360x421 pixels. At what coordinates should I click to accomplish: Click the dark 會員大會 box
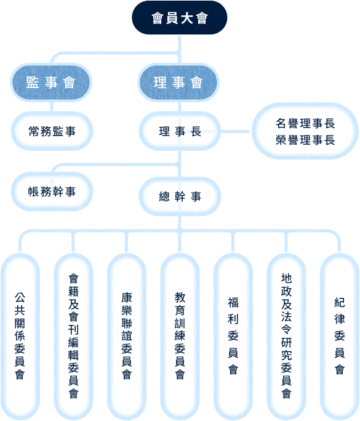pyautogui.click(x=179, y=18)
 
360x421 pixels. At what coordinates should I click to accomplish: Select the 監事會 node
pyautogui.click(x=51, y=82)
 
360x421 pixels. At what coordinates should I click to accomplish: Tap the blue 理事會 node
pyautogui.click(x=178, y=82)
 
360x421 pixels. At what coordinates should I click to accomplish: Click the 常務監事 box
pyautogui.click(x=52, y=131)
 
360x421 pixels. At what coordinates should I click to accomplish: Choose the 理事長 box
pyautogui.click(x=180, y=131)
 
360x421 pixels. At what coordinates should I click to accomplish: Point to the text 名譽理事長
pyautogui.click(x=305, y=124)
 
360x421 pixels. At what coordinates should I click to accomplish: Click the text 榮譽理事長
pyautogui.click(x=305, y=140)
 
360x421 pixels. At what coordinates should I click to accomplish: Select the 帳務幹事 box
pyautogui.click(x=52, y=191)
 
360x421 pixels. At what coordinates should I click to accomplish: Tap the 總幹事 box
pyautogui.click(x=180, y=196)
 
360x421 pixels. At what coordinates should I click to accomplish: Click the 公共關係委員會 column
pyautogui.click(x=20, y=337)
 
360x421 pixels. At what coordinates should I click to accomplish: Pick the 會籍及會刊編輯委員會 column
pyautogui.click(x=73, y=337)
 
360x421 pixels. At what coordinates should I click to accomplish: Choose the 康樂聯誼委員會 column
pyautogui.click(x=127, y=337)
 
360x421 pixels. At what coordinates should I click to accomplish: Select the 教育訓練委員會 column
pyautogui.click(x=180, y=337)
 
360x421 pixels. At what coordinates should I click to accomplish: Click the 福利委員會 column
pyautogui.click(x=233, y=337)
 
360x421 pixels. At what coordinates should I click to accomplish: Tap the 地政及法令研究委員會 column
pyautogui.click(x=286, y=337)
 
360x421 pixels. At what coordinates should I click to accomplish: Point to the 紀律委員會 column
pyautogui.click(x=340, y=337)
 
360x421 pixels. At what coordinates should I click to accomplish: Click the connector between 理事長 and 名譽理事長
pyautogui.click(x=235, y=132)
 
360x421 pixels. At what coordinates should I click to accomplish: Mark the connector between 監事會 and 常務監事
pyautogui.click(x=52, y=106)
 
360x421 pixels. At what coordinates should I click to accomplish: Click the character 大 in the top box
pyautogui.click(x=186, y=18)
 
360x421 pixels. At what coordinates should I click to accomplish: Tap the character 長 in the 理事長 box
pyautogui.click(x=196, y=132)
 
